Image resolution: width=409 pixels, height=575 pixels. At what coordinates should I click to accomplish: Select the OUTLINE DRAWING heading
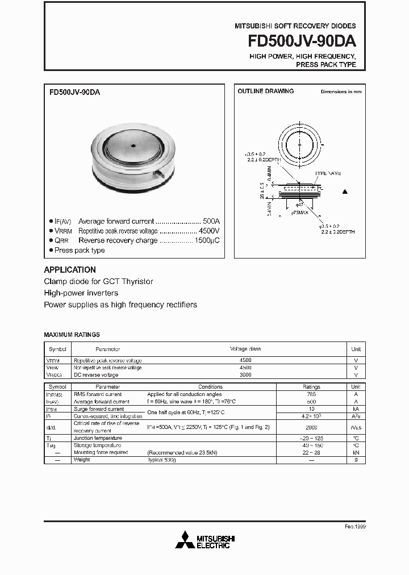[265, 91]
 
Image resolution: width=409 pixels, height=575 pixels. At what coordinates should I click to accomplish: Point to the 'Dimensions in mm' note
[341, 91]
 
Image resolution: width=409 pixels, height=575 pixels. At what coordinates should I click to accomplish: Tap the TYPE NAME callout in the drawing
[328, 173]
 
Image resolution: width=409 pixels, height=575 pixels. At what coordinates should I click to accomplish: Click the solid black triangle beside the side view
[344, 192]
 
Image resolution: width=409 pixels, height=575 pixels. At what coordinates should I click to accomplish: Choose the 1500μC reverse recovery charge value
[207, 240]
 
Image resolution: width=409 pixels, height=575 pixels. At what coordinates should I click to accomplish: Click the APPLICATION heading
[70, 270]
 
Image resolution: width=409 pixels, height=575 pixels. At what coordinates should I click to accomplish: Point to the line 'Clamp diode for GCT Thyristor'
[98, 282]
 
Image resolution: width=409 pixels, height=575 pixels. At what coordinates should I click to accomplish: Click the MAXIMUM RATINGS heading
[72, 335]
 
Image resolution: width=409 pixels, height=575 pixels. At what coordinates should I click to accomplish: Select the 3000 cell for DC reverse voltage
[245, 375]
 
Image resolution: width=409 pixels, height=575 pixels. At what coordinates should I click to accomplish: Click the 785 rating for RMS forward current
[311, 394]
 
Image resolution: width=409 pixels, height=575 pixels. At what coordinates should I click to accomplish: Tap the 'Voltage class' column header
[245, 349]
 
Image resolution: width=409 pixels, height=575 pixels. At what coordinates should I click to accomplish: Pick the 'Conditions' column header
[210, 386]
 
